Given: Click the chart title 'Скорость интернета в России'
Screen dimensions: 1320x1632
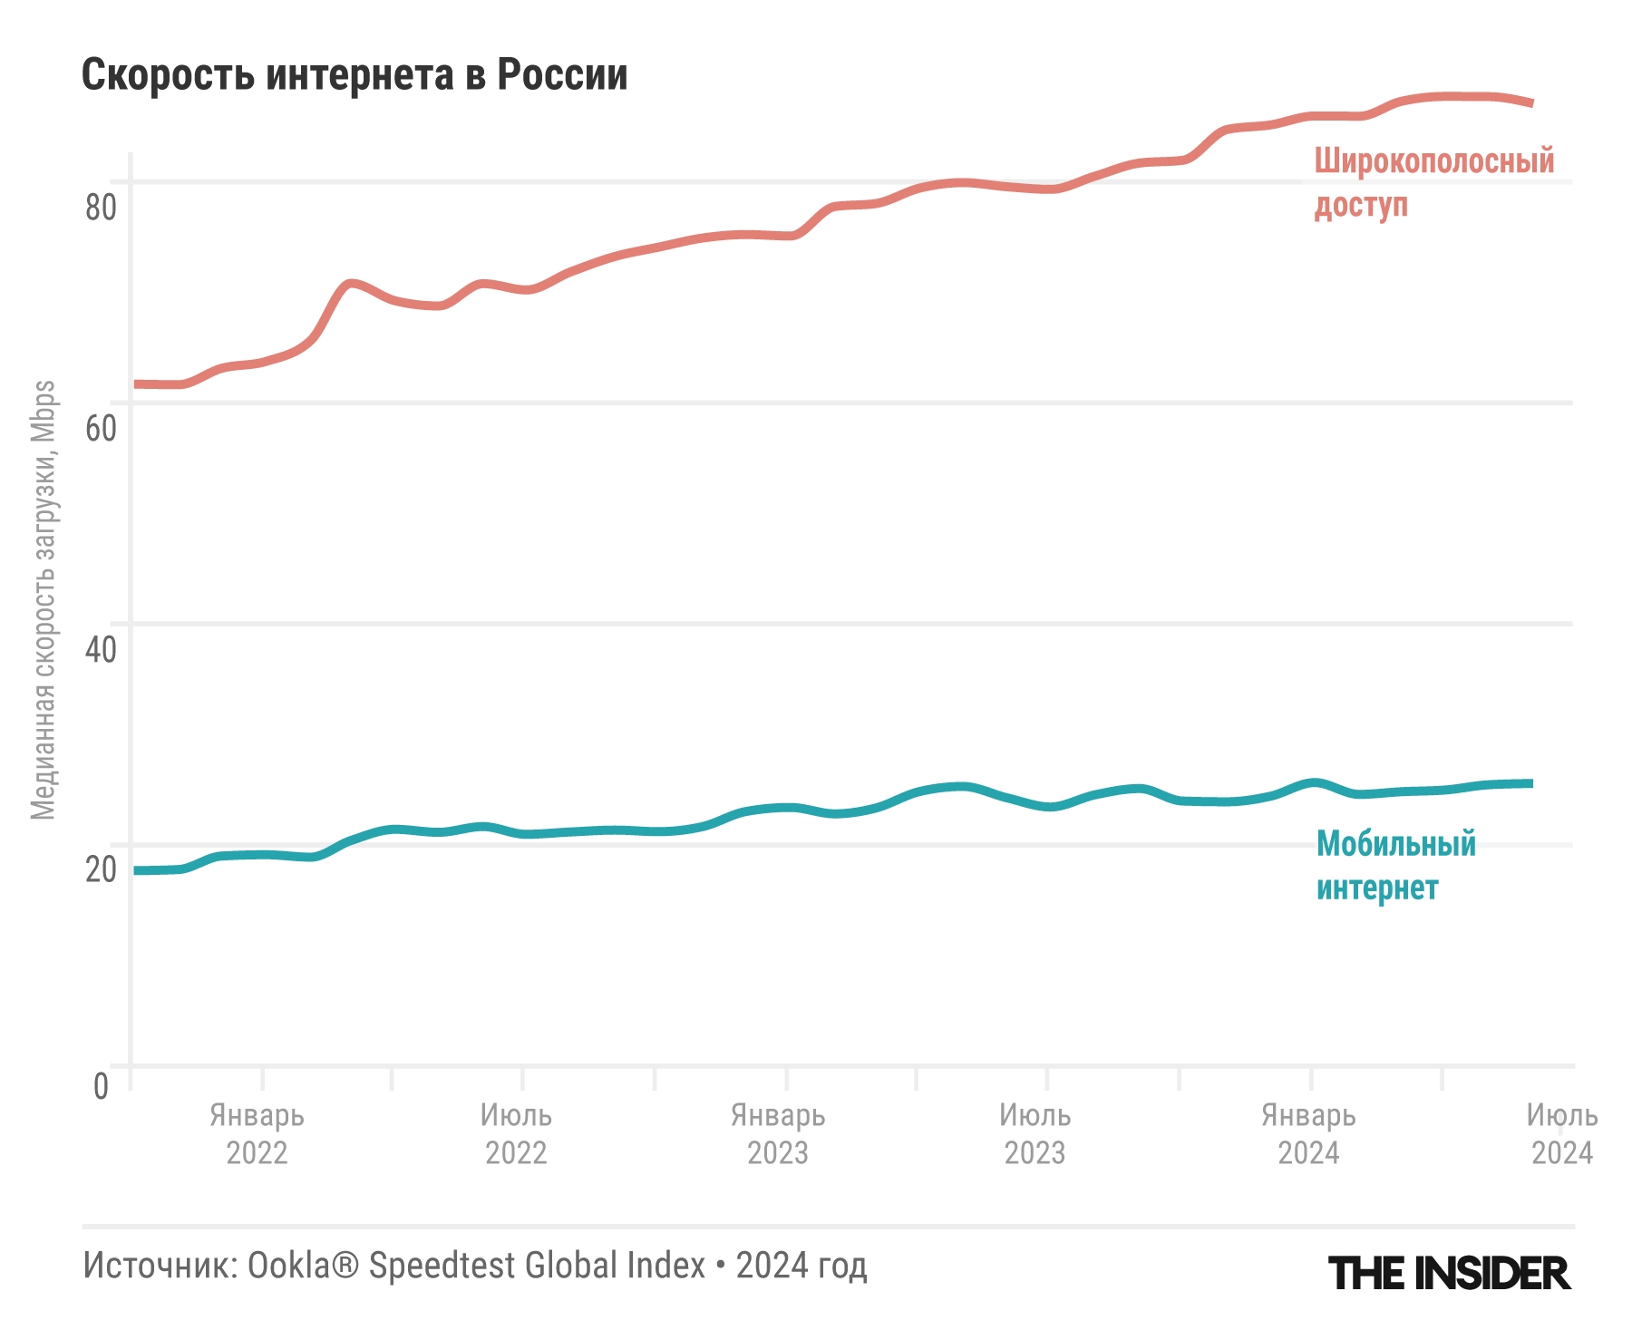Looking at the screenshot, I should click(355, 75).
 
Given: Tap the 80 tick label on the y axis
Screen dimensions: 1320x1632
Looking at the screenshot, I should click(101, 208).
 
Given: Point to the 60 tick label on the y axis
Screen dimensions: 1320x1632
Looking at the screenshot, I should click(101, 428).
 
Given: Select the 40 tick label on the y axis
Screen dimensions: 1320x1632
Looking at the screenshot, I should click(101, 649).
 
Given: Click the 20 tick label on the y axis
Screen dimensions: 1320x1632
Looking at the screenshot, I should click(101, 869).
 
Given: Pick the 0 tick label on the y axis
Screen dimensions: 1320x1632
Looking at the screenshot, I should click(101, 1086).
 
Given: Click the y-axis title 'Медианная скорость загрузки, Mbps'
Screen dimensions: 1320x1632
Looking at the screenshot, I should click(44, 600).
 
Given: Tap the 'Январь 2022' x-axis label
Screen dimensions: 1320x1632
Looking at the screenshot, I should click(257, 1134).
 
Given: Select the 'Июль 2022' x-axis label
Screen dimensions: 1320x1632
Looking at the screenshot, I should click(516, 1134).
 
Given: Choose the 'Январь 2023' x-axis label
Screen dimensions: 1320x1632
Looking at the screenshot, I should click(778, 1134).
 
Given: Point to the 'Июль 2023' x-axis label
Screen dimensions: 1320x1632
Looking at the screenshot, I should click(1035, 1134).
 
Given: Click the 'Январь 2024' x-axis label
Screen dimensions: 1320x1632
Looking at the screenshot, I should click(1308, 1134).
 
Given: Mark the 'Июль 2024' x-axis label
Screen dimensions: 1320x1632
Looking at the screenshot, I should click(1561, 1134).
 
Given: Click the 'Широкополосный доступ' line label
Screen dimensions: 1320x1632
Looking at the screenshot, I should click(1433, 183).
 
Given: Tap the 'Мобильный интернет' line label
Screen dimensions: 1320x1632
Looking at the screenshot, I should click(1395, 866).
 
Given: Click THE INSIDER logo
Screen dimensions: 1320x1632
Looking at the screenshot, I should click(1449, 1273).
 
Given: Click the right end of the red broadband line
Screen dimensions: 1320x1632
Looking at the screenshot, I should click(1531, 103).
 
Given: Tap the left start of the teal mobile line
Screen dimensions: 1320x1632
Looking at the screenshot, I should click(136, 870).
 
